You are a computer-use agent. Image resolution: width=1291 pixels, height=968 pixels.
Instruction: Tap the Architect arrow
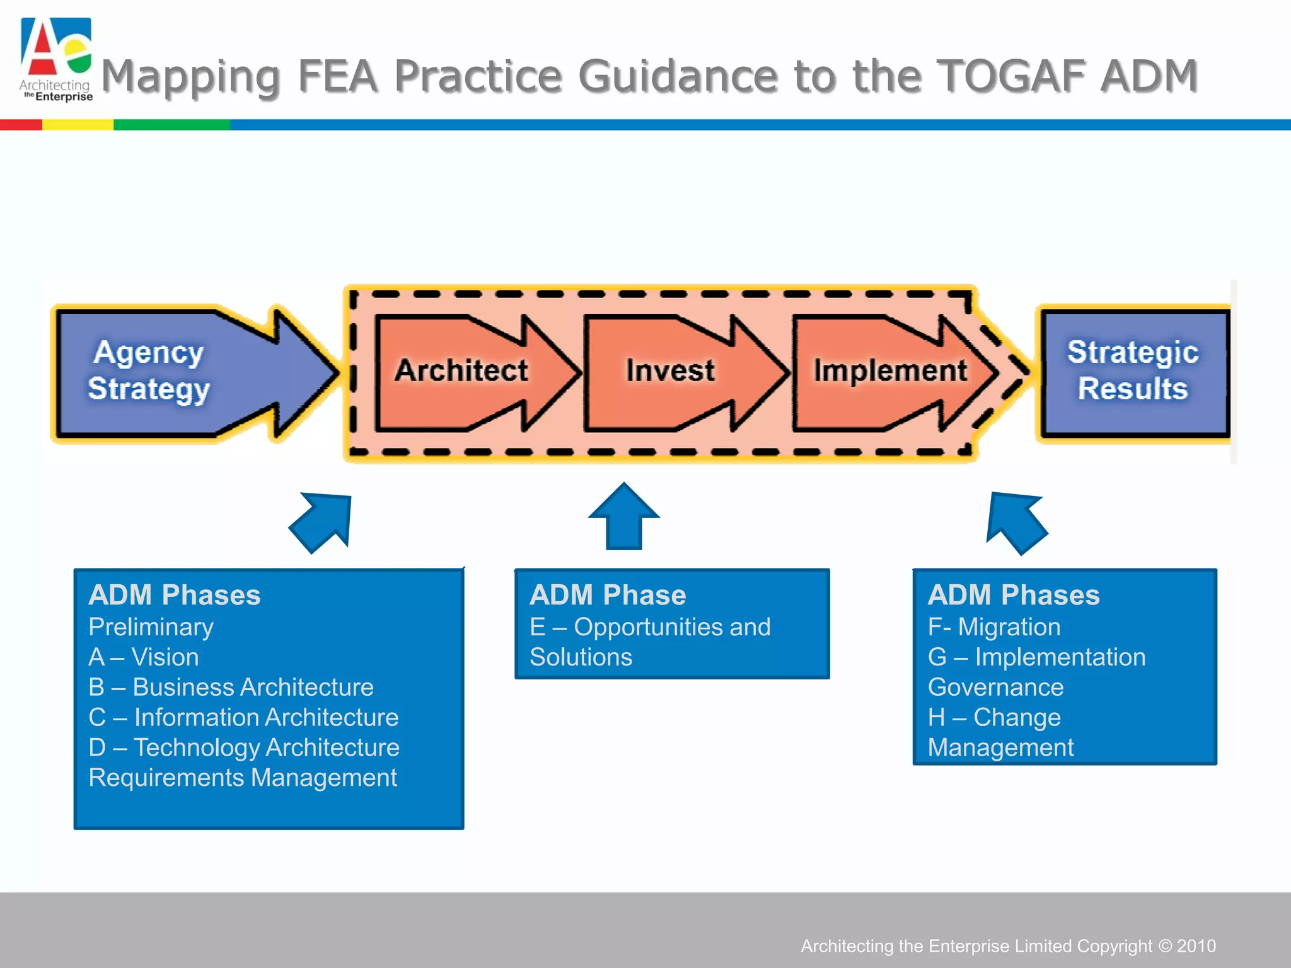[x=466, y=372]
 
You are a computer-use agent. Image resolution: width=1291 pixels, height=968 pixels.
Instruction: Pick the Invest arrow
[x=674, y=372]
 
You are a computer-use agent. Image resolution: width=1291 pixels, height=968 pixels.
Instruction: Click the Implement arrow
[x=889, y=372]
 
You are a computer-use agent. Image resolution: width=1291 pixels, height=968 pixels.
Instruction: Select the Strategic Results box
[x=1133, y=372]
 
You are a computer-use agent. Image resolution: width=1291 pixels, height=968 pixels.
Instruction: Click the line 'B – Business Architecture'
[x=231, y=687]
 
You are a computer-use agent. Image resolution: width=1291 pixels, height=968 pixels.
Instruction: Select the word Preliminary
[x=151, y=627]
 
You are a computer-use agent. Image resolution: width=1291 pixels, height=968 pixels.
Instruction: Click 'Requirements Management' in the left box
[x=243, y=778]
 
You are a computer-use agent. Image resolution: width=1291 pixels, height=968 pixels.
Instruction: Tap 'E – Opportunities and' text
[x=650, y=627]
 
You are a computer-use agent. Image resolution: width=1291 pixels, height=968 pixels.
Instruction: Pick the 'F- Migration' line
[x=994, y=627]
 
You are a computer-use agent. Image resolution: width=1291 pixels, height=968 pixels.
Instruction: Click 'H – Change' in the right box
[x=994, y=717]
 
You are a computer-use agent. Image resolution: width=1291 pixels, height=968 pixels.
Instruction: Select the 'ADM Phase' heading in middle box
[x=608, y=595]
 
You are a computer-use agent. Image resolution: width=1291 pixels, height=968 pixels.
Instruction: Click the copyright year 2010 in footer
[x=1196, y=946]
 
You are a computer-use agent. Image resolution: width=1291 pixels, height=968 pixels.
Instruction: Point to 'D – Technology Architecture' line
[x=244, y=747]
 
